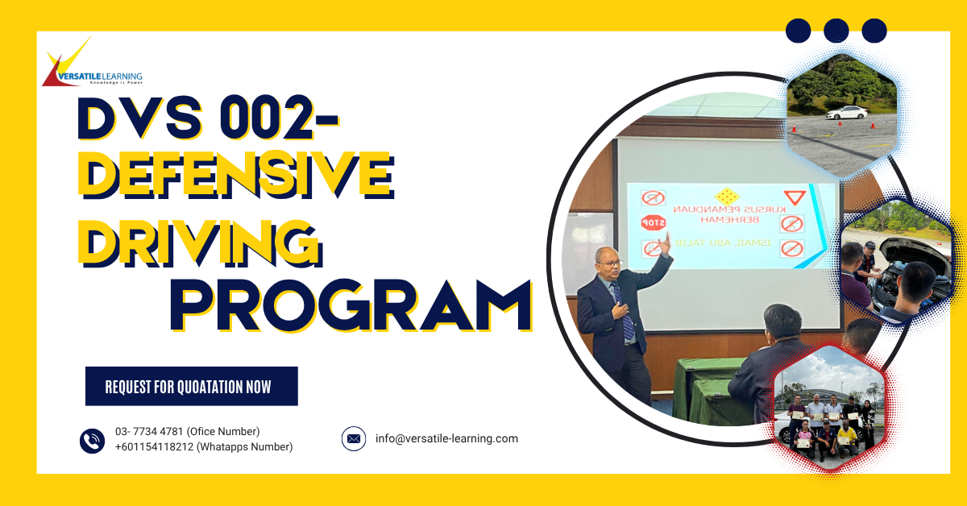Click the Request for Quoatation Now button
pos(191,387)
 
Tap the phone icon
pos(92,440)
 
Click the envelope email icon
pos(353,439)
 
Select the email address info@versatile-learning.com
pos(446,439)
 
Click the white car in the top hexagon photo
pos(845,112)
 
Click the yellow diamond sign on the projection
pos(727,196)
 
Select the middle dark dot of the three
pos(836,31)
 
